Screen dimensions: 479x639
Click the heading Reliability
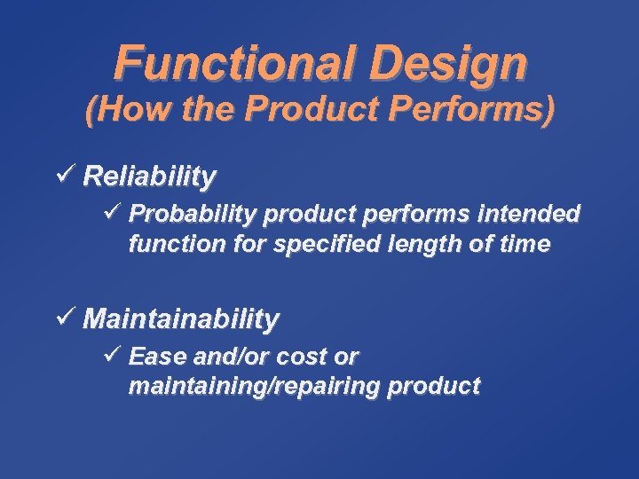tap(149, 177)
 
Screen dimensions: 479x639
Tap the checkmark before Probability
tap(112, 213)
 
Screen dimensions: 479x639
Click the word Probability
tap(182, 214)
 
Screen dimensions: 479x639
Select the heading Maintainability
tap(181, 318)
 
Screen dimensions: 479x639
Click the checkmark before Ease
tap(112, 356)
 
